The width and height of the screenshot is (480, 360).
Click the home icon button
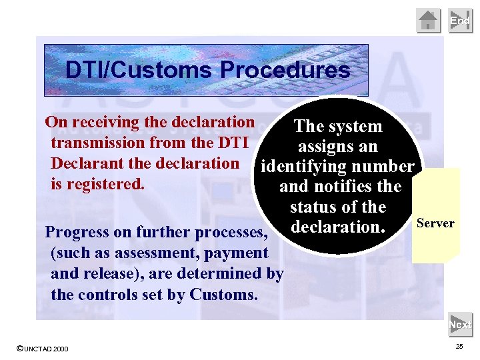point(429,21)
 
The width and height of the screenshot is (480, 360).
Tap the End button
point(460,21)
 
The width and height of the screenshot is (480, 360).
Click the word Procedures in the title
point(285,70)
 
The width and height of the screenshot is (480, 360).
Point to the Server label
point(435,223)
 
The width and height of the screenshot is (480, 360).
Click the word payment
point(235,253)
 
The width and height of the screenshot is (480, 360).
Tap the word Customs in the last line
point(223,294)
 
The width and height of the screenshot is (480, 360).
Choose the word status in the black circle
point(313,207)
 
